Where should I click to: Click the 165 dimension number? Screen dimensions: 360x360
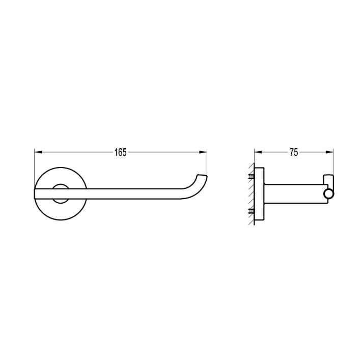pos(121,152)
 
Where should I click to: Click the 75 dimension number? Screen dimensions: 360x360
pos(294,152)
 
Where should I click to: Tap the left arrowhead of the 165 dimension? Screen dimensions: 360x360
pos(38,152)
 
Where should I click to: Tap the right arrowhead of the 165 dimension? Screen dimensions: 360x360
pos(203,152)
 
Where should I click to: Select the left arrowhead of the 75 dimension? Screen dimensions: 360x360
pos(258,152)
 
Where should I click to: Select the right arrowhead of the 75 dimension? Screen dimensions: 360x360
pos(329,152)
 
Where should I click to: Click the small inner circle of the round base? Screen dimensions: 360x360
pos(61,193)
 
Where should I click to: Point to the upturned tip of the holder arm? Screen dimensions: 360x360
pos(202,177)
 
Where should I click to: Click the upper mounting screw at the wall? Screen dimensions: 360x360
pos(252,177)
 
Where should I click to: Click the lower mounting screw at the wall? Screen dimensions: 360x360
pos(252,211)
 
